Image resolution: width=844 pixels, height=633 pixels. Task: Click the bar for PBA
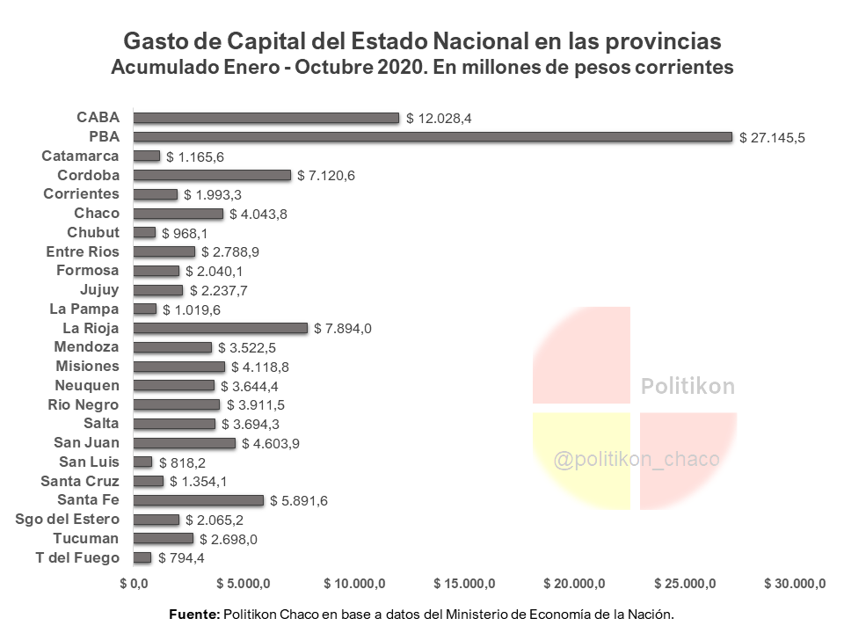pos(432,137)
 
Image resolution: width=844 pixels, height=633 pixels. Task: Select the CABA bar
pos(266,118)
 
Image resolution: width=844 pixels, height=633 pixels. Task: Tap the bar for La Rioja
pos(220,328)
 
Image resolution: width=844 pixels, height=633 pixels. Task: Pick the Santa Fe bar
pos(198,500)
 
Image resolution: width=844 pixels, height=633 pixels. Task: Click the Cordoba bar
pos(211,175)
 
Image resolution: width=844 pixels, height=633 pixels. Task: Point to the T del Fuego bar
pos(142,557)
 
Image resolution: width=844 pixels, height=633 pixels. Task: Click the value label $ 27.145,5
pos(773,138)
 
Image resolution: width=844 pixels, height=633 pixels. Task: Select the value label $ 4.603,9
pos(271,444)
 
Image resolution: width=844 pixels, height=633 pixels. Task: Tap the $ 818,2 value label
pos(182,462)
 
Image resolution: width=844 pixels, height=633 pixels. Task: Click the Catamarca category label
pos(80,156)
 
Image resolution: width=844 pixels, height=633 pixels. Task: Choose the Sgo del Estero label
pos(68,519)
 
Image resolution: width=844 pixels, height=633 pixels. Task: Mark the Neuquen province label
pos(87,385)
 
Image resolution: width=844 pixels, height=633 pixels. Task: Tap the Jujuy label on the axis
pos(99,289)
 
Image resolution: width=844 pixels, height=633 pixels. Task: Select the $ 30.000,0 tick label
pos(796,583)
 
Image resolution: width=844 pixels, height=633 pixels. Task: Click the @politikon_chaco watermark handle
pos(637,459)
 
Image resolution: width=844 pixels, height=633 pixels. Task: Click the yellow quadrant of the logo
pos(581,461)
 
